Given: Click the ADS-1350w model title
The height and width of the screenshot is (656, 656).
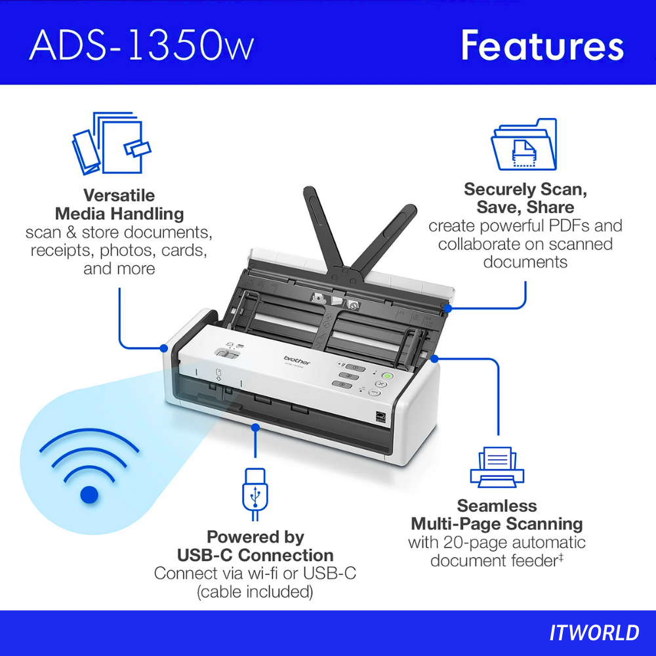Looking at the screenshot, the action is pyautogui.click(x=142, y=45).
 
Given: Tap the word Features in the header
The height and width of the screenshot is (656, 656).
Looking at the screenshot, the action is pyautogui.click(x=543, y=46).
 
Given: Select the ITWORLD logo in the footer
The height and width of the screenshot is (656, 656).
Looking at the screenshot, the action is pyautogui.click(x=594, y=632).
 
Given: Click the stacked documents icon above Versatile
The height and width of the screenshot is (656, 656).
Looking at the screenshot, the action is pyautogui.click(x=112, y=142).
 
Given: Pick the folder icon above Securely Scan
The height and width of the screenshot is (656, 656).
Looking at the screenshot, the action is pyautogui.click(x=523, y=144).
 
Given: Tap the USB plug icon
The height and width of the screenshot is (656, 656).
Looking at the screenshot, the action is pyautogui.click(x=255, y=494).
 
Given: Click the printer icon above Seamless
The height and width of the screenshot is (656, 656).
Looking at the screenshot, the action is pyautogui.click(x=497, y=466).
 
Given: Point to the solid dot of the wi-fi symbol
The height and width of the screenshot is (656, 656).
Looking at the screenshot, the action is pyautogui.click(x=89, y=495).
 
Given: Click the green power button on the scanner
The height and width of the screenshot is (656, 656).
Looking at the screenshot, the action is pyautogui.click(x=388, y=376).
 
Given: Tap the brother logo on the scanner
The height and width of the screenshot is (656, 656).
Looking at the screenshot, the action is pyautogui.click(x=297, y=359).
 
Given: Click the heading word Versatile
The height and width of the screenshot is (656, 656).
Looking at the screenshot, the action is pyautogui.click(x=119, y=195).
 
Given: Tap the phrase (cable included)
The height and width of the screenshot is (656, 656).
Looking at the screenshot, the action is pyautogui.click(x=255, y=592).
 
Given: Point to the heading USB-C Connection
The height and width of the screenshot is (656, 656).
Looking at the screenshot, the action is pyautogui.click(x=255, y=555).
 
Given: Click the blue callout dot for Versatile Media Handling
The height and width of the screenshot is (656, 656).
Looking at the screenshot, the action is pyautogui.click(x=164, y=348).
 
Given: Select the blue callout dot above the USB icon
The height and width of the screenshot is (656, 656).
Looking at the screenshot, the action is pyautogui.click(x=255, y=427).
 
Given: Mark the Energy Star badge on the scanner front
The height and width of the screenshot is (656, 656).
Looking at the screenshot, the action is pyautogui.click(x=380, y=417).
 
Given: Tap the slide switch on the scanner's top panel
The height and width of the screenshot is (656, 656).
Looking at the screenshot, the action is pyautogui.click(x=226, y=354).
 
